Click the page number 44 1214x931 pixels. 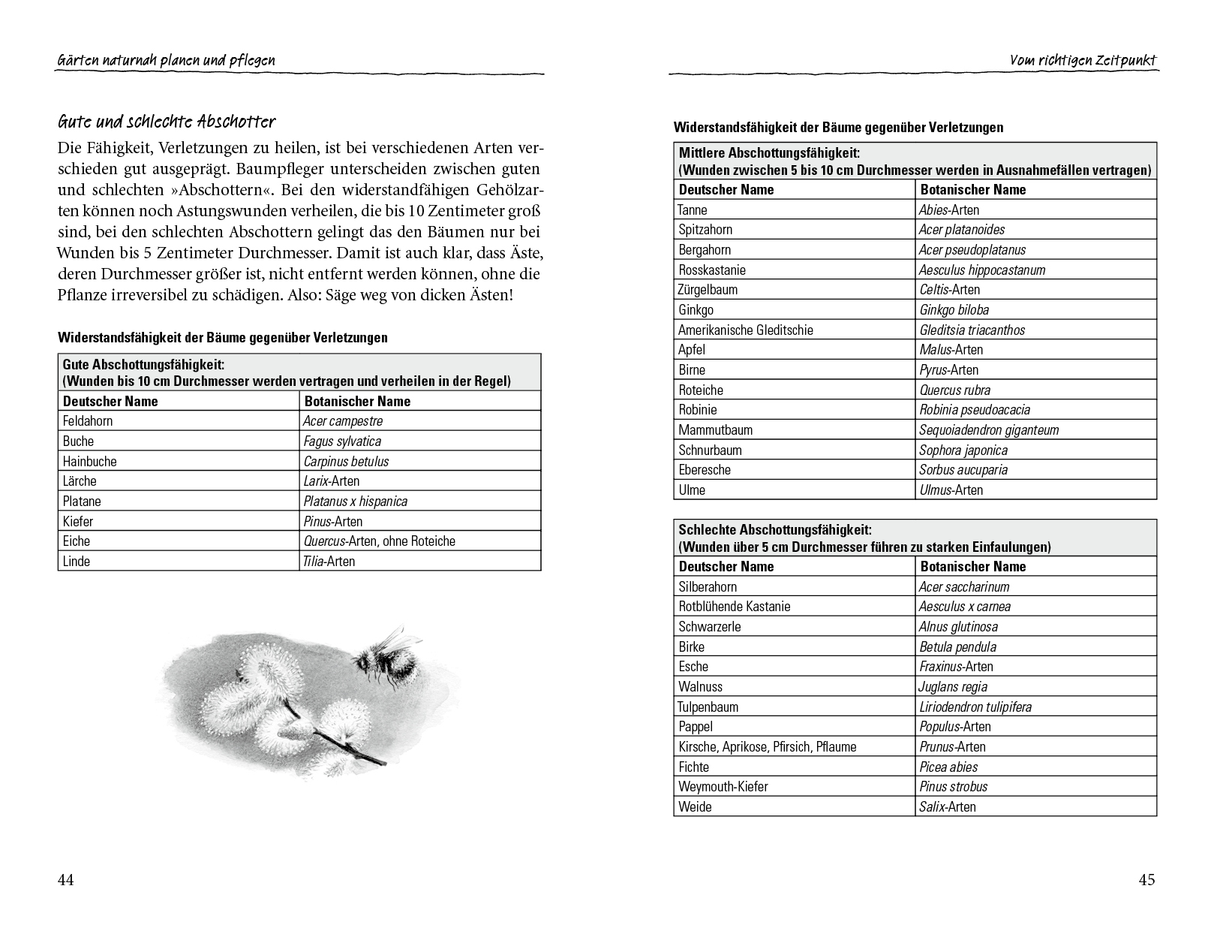(x=66, y=880)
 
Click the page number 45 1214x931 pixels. (x=1146, y=880)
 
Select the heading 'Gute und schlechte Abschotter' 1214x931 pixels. (x=167, y=122)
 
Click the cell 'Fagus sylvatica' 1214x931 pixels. (x=342, y=441)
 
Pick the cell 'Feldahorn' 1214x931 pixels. (x=88, y=421)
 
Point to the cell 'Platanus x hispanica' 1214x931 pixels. (x=355, y=502)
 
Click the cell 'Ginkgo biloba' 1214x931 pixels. (x=954, y=310)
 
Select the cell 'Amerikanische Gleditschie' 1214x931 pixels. (x=745, y=330)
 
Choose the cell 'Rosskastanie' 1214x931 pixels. (x=712, y=270)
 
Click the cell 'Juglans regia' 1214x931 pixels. (x=953, y=687)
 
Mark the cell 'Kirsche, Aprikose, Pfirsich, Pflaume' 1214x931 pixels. (x=767, y=747)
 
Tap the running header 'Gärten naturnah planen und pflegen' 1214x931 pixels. (x=167, y=60)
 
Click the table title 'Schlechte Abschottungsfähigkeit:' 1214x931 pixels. (x=774, y=530)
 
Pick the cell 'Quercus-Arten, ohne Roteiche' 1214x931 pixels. (x=379, y=541)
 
